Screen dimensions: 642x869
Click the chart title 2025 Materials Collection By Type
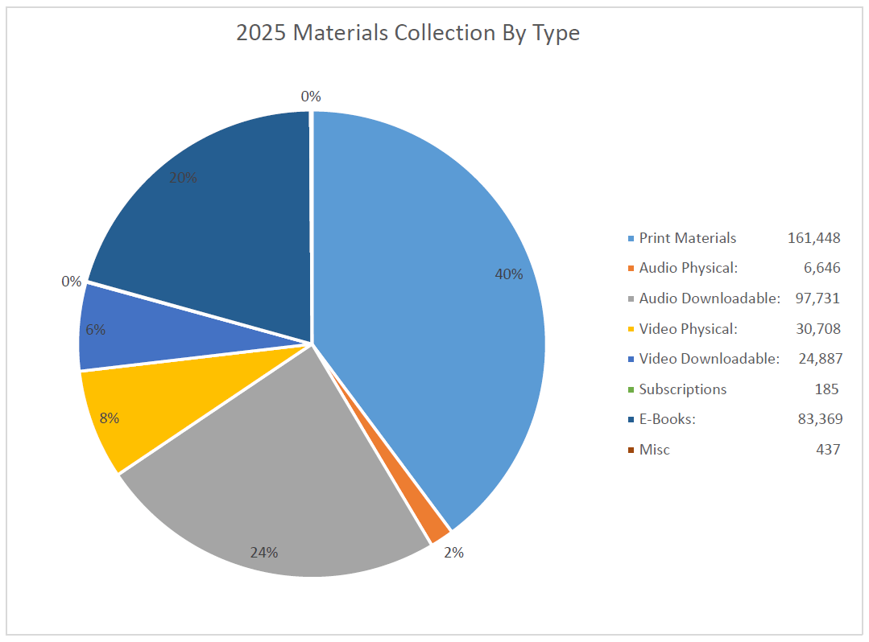tap(408, 33)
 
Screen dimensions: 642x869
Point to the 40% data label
tap(508, 274)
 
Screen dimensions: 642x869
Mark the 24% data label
tap(263, 553)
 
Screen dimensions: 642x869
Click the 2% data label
tap(453, 553)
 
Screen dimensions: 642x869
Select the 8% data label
tap(110, 418)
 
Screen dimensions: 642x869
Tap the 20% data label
tap(183, 178)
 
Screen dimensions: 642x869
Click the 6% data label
tap(95, 329)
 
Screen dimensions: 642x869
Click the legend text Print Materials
tap(687, 238)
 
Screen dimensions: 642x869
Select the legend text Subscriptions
tap(682, 389)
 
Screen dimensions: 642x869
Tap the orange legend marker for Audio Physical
tap(630, 269)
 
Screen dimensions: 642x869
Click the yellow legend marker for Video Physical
tap(630, 329)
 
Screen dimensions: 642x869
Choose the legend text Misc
tap(654, 450)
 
